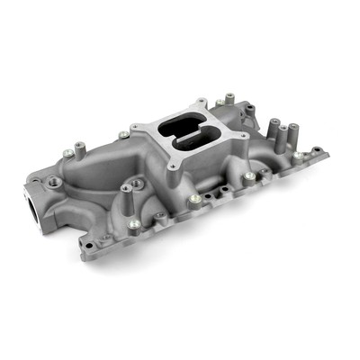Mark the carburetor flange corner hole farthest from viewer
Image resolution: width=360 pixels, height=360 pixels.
203,103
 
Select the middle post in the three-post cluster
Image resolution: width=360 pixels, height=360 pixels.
283,133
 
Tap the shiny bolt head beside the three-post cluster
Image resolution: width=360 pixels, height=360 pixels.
298,155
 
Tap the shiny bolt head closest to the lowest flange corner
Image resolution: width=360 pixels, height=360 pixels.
134,224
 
